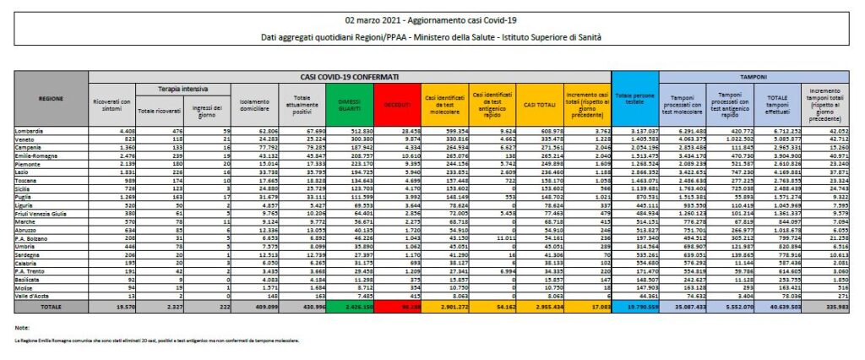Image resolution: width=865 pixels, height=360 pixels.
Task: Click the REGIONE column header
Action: pos(51,99)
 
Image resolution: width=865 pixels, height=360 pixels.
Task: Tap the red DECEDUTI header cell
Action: pos(395,104)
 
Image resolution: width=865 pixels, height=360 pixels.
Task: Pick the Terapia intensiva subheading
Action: pos(178,88)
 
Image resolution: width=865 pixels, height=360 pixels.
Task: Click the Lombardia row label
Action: pos(30,131)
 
